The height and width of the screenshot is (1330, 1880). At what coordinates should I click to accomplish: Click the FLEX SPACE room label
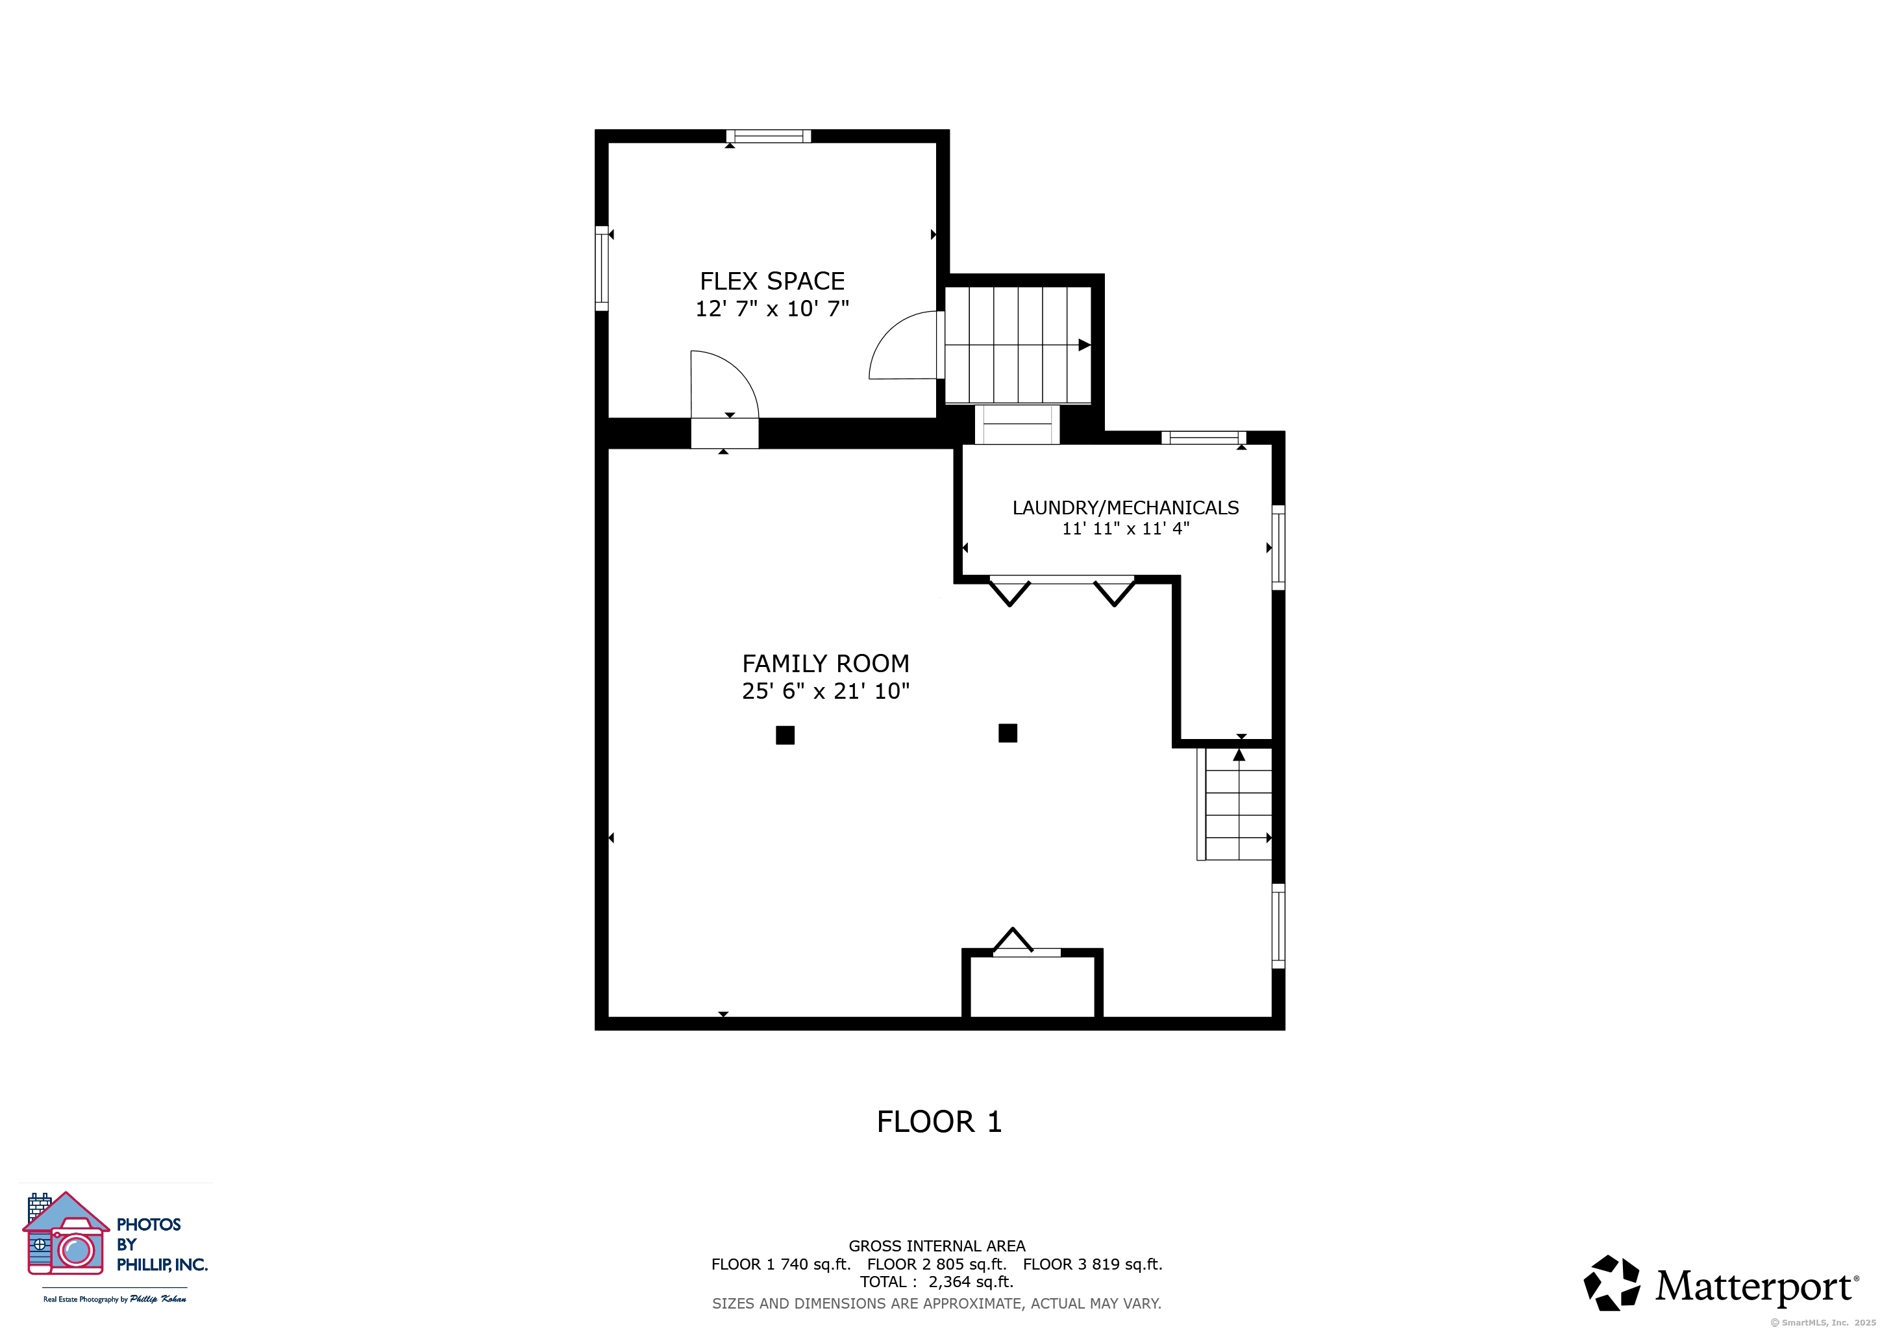(772, 281)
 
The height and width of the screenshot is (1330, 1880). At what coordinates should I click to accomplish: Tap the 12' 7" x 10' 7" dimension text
(772, 308)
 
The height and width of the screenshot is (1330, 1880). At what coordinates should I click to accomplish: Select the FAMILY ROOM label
(825, 663)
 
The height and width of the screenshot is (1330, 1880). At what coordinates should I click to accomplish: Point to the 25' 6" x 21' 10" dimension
(825, 691)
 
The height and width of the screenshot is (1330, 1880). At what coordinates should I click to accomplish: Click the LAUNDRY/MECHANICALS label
(1125, 508)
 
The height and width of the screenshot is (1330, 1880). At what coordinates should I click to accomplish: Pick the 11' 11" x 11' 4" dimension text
(1125, 529)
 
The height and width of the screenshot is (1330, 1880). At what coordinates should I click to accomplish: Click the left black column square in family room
(785, 735)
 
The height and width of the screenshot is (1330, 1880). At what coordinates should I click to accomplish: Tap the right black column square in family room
(1008, 733)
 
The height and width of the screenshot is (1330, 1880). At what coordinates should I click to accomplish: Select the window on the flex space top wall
(768, 136)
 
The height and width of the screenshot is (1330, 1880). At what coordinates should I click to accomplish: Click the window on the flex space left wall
(602, 269)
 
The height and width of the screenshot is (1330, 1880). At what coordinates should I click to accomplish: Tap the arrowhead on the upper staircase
(1084, 345)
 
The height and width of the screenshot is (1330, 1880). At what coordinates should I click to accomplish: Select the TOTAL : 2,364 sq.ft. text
(937, 1283)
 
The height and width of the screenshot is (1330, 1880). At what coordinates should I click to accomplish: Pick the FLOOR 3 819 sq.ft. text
(1093, 1264)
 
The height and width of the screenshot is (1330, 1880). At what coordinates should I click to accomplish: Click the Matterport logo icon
(1611, 1283)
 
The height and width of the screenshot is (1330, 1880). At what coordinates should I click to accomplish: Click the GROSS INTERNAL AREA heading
(937, 1246)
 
